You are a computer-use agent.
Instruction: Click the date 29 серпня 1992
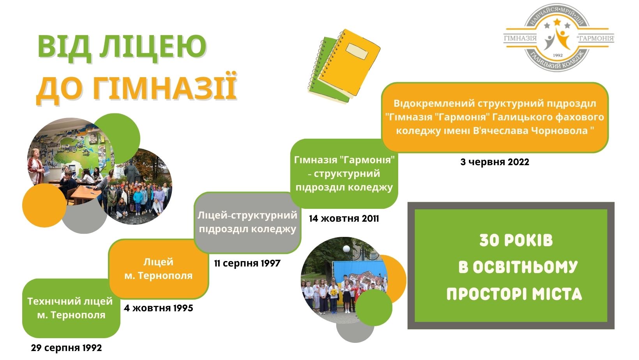[x=66, y=348]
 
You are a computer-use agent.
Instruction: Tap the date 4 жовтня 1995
[x=158, y=308]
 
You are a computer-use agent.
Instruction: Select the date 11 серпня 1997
[x=247, y=263]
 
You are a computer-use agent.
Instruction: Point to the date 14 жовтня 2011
[x=344, y=219]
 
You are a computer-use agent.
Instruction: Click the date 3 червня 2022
[x=495, y=162]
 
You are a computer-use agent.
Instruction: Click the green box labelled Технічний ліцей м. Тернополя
[x=71, y=308]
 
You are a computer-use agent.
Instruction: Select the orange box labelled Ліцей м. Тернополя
[x=159, y=269]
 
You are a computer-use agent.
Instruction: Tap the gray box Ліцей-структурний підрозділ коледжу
[x=247, y=222]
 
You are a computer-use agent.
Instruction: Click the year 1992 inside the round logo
[x=558, y=55]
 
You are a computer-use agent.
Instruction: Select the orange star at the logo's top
[x=557, y=22]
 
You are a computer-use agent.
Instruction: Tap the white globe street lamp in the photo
[x=346, y=249]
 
